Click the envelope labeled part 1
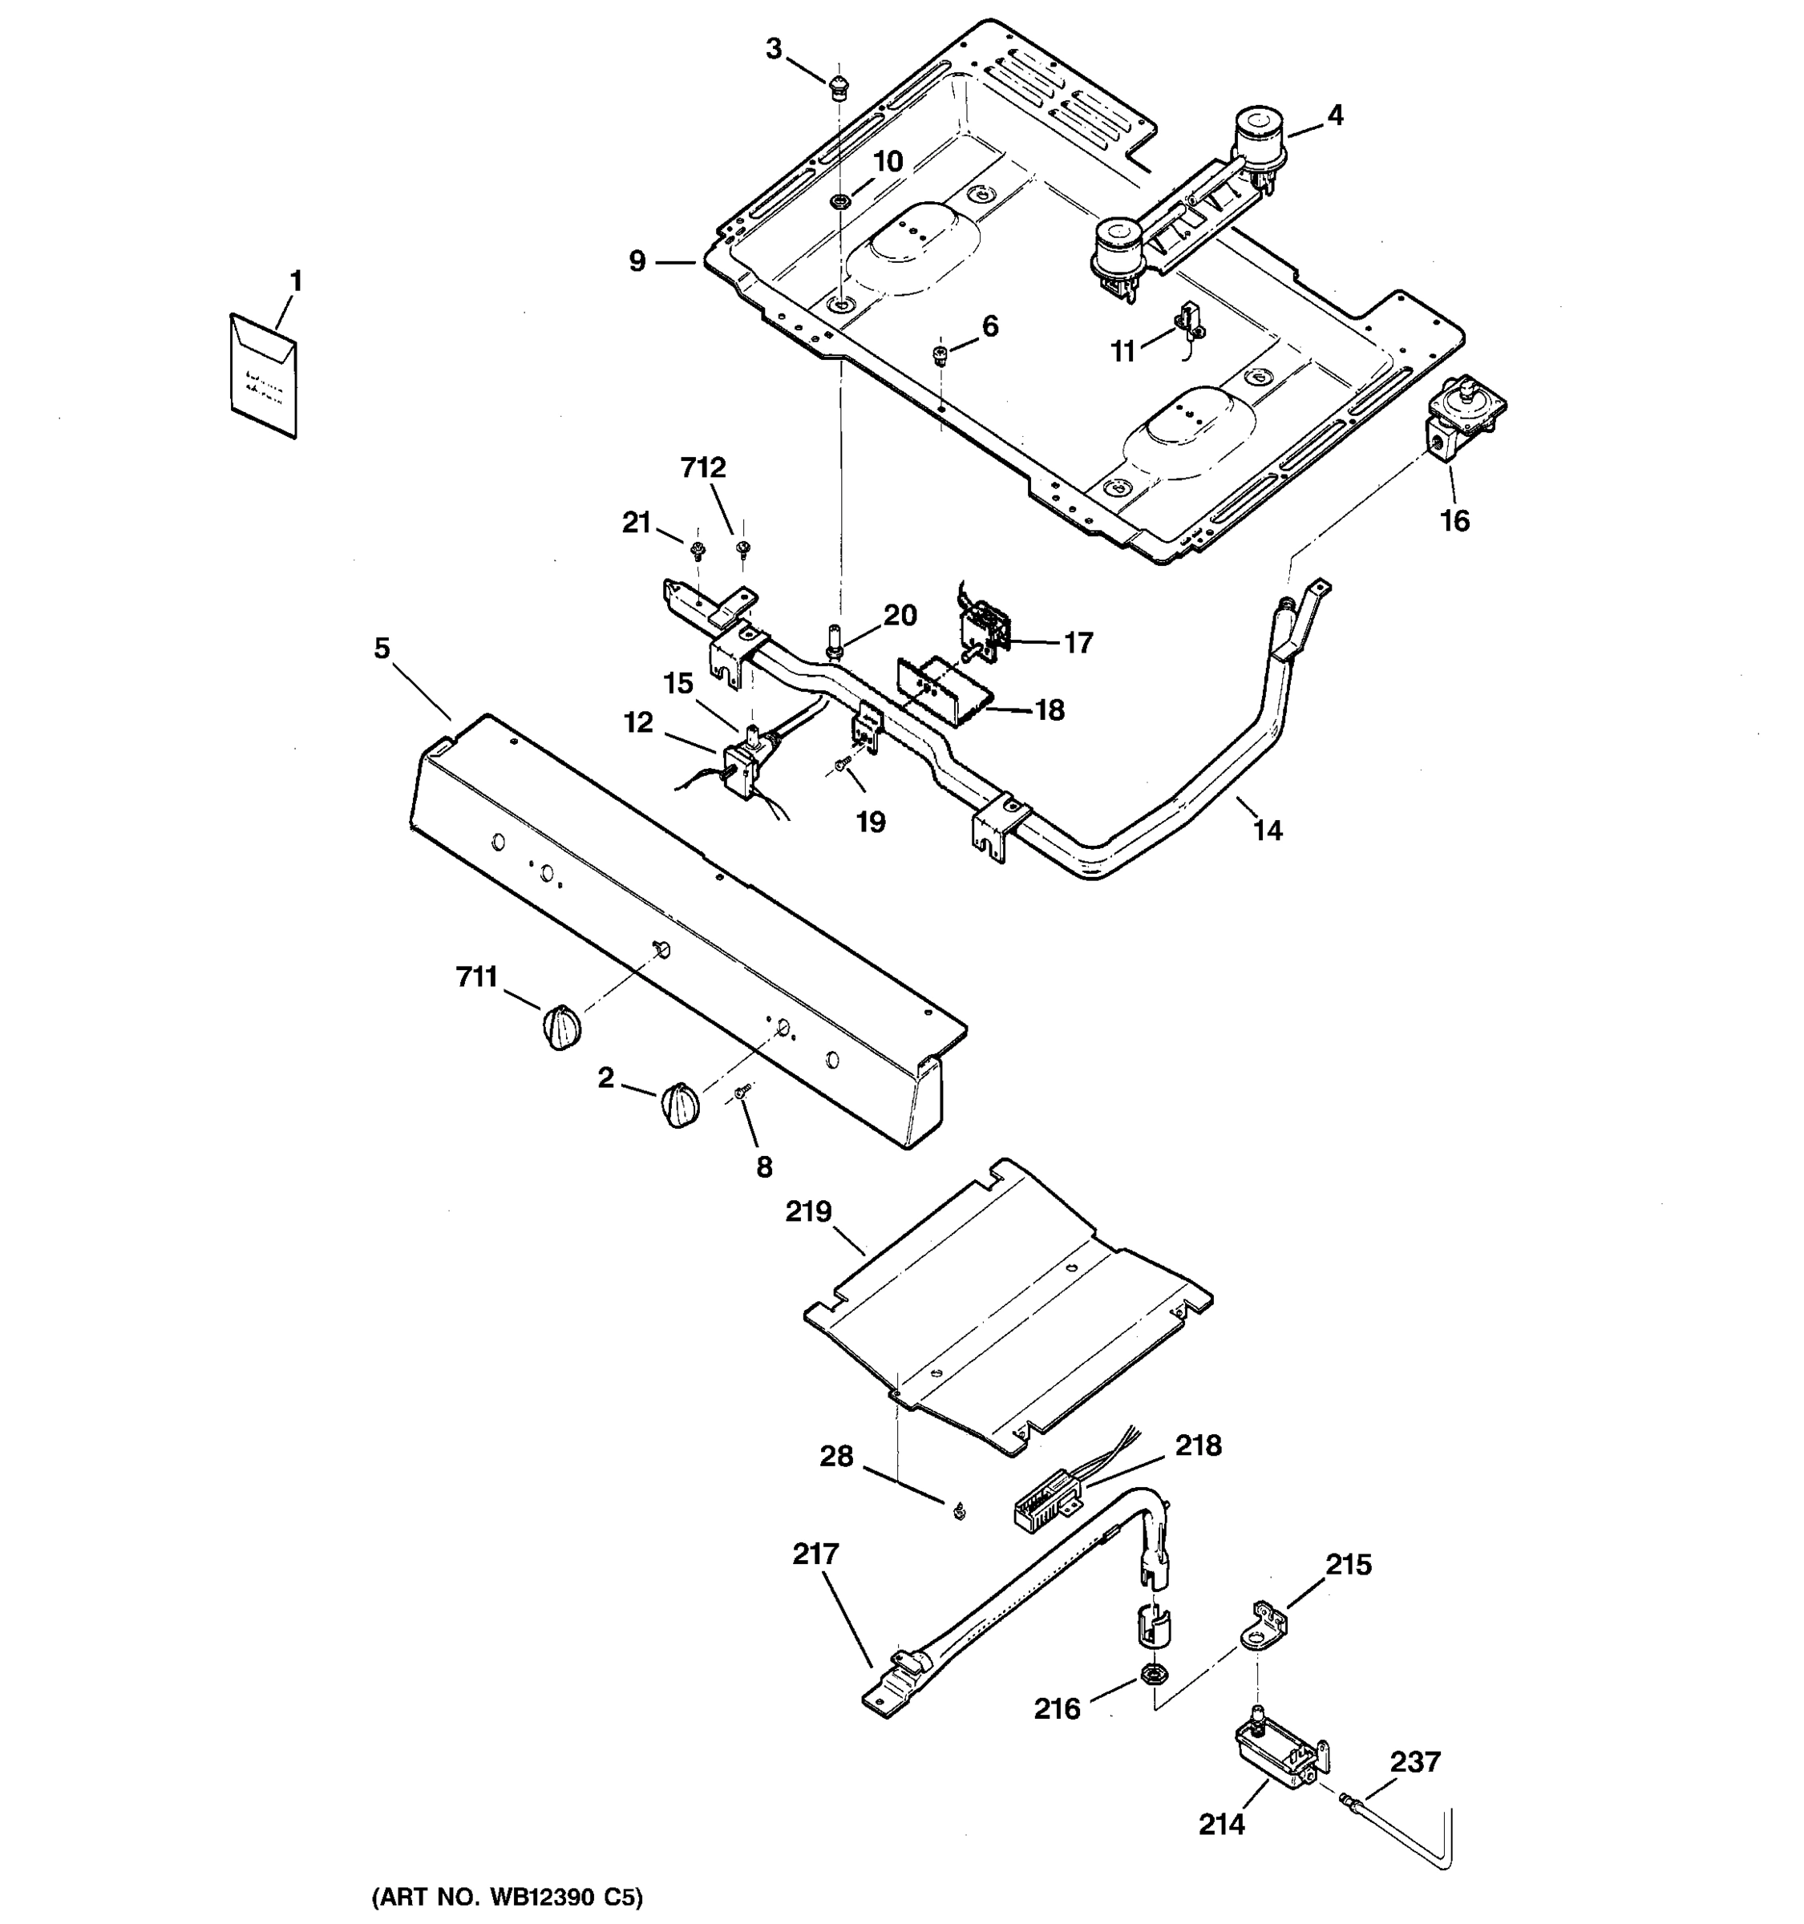pyautogui.click(x=263, y=375)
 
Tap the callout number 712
pyautogui.click(x=702, y=468)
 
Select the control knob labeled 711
pyautogui.click(x=560, y=1027)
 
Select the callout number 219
pyautogui.click(x=809, y=1211)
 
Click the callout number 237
pyautogui.click(x=1415, y=1762)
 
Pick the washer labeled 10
pyautogui.click(x=840, y=202)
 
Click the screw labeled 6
pyautogui.click(x=939, y=354)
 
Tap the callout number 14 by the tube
pyautogui.click(x=1268, y=831)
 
